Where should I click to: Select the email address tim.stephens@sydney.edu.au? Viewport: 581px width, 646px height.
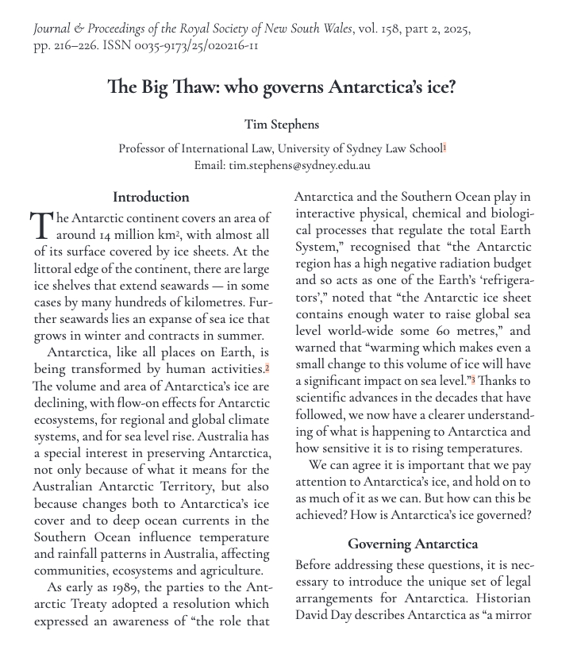[299, 166]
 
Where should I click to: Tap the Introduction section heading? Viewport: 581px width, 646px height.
[151, 197]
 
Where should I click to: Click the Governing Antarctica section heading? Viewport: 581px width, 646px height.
[413, 544]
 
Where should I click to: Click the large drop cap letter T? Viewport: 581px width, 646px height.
[42, 225]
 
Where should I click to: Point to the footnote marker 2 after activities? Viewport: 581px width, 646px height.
[268, 368]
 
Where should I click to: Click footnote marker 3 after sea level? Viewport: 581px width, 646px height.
[473, 381]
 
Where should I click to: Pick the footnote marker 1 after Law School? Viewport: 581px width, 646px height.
[445, 147]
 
